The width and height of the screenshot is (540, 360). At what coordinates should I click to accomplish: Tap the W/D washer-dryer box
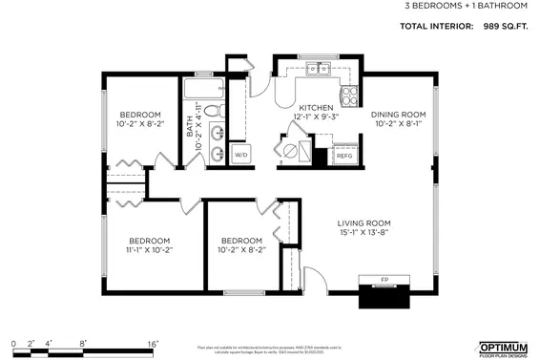[240, 154]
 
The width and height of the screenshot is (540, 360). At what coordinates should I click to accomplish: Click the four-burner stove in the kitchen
[349, 95]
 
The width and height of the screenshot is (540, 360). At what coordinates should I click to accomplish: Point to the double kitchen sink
[318, 69]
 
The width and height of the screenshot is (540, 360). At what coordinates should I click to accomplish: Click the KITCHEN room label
[315, 108]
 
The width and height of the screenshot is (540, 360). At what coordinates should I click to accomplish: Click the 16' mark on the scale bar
[153, 342]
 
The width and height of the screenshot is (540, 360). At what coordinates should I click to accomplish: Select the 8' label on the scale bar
[83, 342]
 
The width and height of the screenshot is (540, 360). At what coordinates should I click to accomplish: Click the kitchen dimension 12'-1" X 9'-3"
[315, 117]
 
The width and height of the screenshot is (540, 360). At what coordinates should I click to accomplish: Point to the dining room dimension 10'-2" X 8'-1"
[398, 123]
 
